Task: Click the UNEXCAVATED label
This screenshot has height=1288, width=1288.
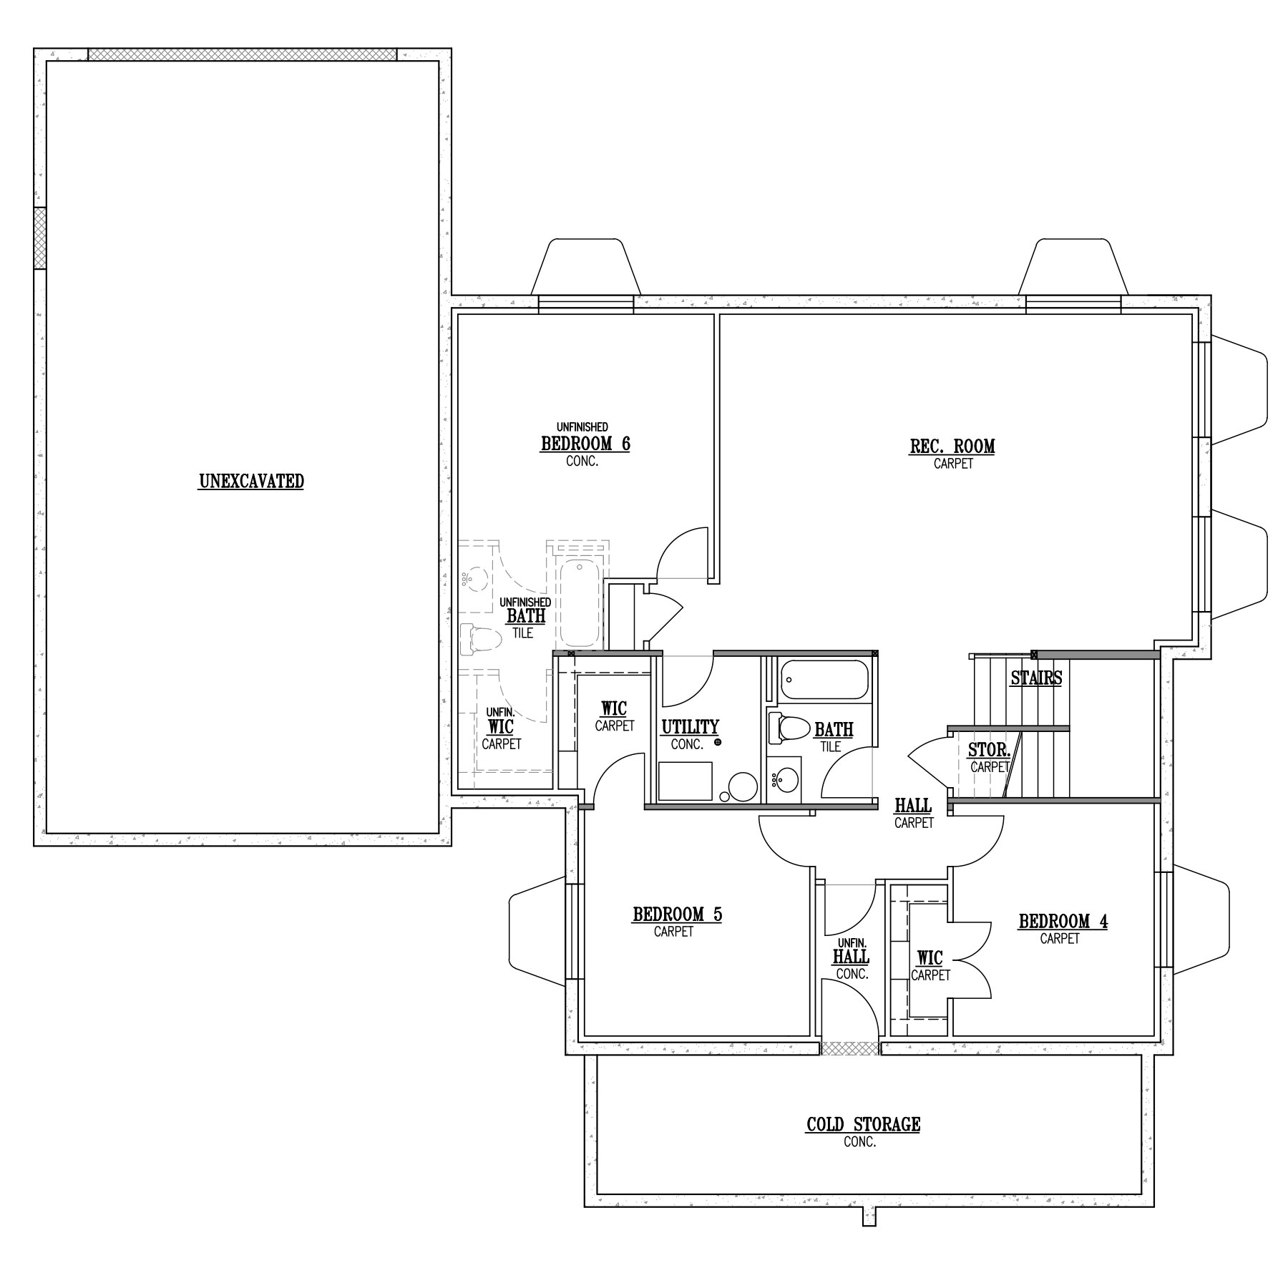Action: (x=251, y=482)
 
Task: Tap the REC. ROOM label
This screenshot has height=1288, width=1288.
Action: (x=952, y=447)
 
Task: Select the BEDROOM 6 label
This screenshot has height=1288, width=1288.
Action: (x=585, y=444)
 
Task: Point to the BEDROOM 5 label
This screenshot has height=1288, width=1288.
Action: (x=677, y=914)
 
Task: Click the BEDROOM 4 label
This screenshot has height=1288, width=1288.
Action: (x=1063, y=921)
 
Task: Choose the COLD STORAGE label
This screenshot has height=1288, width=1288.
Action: (x=864, y=1124)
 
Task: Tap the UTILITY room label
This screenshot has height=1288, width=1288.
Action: (x=690, y=728)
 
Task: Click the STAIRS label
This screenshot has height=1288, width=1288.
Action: (x=1036, y=678)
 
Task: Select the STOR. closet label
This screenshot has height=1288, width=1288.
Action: (x=989, y=750)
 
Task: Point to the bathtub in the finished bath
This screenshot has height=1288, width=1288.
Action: (x=824, y=680)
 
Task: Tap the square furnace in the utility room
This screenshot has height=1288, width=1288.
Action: (x=686, y=781)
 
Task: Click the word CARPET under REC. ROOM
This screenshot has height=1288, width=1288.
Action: (x=953, y=464)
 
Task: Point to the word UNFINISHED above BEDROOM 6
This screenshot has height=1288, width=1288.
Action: (x=582, y=427)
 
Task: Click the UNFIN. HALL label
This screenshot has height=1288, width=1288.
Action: (x=852, y=958)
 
